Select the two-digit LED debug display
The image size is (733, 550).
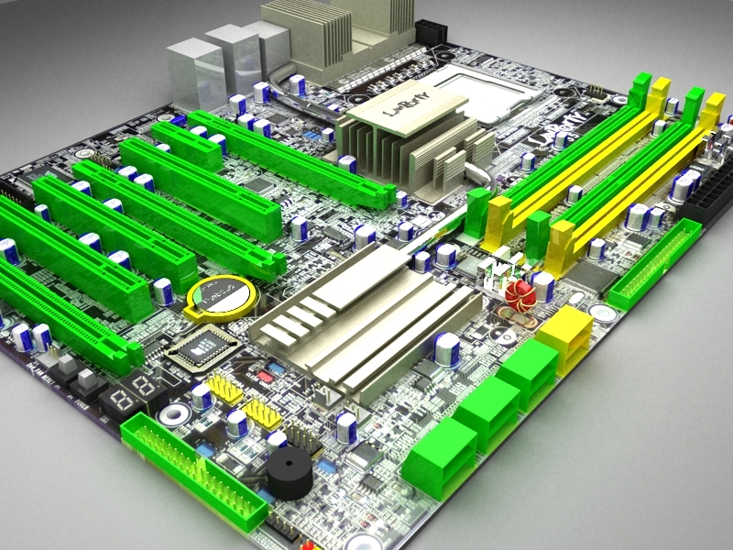[x=126, y=396]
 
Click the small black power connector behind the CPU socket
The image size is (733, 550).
[x=430, y=31]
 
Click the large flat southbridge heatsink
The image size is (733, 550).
[x=366, y=316]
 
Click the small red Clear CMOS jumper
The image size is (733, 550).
[x=267, y=376]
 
